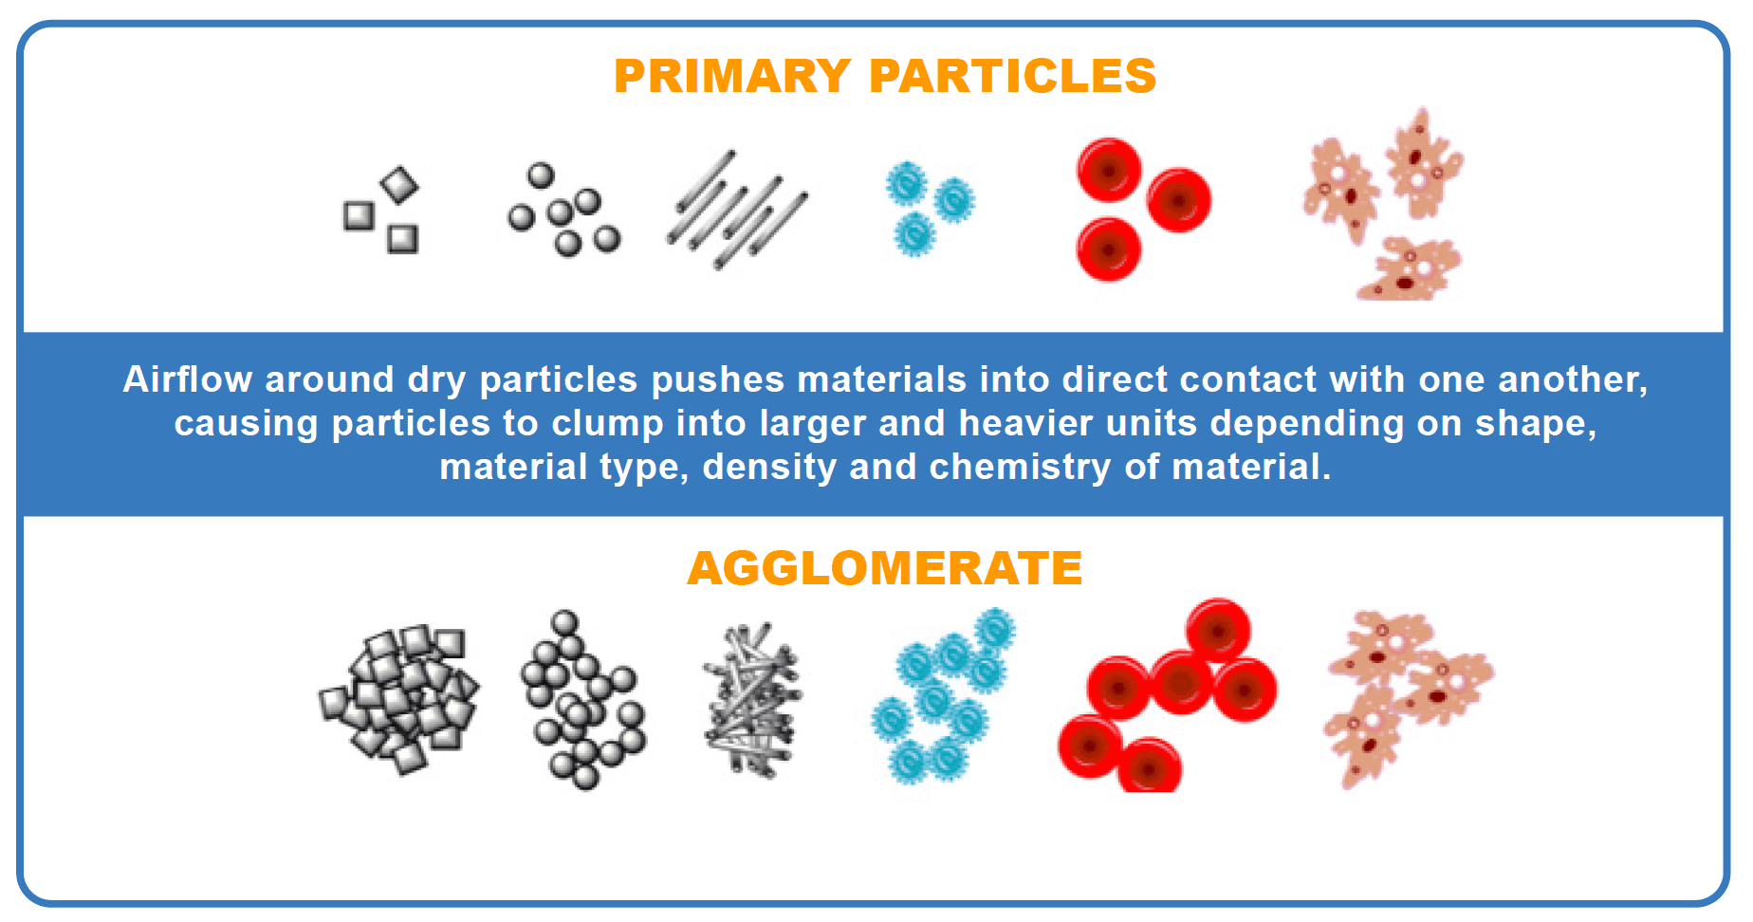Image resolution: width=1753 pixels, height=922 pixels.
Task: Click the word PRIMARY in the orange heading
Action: click(731, 76)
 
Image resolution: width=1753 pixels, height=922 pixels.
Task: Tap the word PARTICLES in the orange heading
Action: click(1012, 76)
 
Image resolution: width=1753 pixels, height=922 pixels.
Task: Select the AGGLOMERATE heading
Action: click(885, 568)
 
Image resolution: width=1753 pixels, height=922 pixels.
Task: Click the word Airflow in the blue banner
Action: click(188, 379)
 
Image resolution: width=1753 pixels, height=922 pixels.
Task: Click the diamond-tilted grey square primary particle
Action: click(399, 185)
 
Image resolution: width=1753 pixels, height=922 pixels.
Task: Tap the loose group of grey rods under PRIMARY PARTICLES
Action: click(737, 209)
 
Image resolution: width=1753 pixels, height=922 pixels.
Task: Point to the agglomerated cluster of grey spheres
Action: click(581, 700)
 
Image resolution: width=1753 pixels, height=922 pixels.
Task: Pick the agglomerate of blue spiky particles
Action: click(943, 695)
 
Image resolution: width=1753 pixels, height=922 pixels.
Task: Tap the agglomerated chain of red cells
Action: click(1167, 695)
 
